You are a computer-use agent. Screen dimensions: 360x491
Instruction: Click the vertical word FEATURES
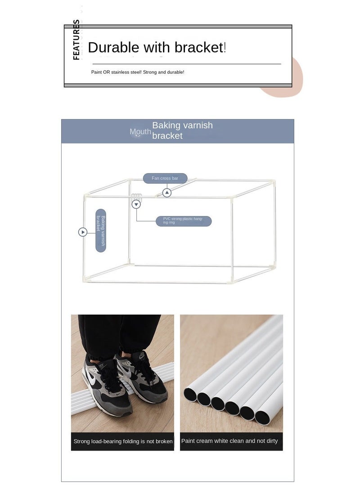76,40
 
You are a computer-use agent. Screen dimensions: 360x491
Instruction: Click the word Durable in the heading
113,48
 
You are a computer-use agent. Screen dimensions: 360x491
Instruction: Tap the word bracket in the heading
199,48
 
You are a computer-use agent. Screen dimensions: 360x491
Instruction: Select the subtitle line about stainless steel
137,72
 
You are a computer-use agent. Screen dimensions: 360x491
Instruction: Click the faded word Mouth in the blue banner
140,132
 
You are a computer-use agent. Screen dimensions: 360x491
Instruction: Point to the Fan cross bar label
165,178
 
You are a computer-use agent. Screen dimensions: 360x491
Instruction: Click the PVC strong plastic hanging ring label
184,221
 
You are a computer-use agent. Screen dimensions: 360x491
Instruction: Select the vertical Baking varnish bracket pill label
101,230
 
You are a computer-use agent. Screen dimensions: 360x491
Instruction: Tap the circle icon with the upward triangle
167,193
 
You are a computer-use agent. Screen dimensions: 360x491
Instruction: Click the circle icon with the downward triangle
136,204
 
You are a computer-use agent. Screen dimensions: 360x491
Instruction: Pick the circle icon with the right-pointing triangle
83,232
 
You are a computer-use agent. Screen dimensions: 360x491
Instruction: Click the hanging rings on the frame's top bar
136,197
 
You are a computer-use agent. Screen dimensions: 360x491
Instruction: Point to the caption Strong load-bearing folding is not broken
123,441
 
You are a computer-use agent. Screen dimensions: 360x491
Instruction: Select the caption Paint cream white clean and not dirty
229,441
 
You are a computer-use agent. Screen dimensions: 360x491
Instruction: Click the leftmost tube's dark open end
190,394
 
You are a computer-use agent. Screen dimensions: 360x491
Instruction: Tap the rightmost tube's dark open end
262,418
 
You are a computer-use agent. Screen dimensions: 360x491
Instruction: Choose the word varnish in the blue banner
198,125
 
